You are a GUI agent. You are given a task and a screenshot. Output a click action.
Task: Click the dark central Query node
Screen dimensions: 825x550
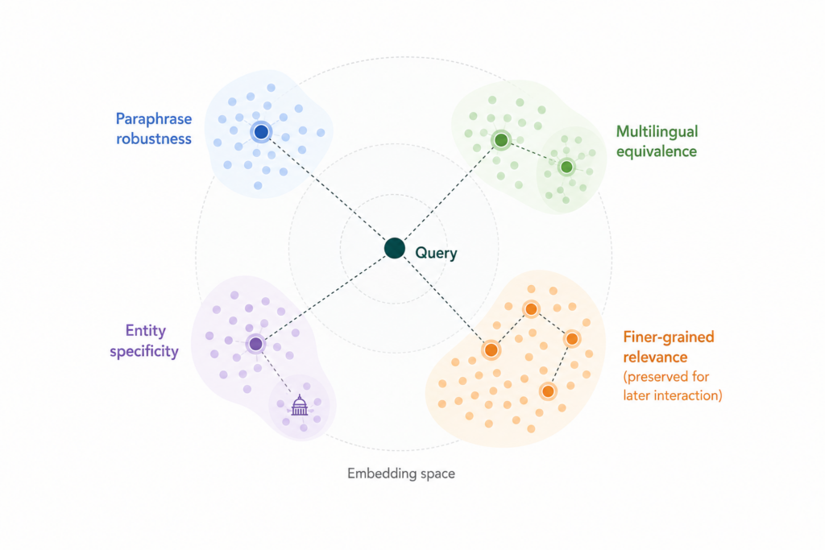[x=394, y=248]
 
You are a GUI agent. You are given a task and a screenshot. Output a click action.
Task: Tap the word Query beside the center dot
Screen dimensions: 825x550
[x=436, y=254]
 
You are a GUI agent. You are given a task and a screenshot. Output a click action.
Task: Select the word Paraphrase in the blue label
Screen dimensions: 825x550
[x=154, y=119]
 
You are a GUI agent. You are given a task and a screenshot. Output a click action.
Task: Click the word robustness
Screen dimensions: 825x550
[x=154, y=139]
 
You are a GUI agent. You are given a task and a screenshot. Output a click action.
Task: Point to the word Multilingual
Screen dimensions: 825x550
[x=657, y=132]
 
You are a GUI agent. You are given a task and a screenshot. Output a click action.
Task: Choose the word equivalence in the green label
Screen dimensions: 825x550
[x=657, y=151]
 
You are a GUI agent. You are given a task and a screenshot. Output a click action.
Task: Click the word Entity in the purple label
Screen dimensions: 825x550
[x=146, y=331]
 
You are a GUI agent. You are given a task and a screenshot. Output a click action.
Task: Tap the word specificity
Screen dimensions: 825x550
[x=144, y=351]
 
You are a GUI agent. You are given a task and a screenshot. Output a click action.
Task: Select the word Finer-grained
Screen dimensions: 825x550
[x=669, y=337]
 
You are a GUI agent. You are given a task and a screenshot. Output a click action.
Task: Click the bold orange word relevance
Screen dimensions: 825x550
[x=655, y=357]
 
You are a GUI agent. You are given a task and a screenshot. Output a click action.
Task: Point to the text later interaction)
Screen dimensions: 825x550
[x=673, y=395]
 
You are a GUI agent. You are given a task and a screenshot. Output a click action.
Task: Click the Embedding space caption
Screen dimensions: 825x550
[x=401, y=473]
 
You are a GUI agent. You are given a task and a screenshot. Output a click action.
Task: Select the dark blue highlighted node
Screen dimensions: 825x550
[x=261, y=132]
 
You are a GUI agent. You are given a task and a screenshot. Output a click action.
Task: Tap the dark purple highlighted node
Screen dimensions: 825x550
[x=255, y=345]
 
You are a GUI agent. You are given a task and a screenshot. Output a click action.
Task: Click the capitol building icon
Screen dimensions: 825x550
[x=300, y=405]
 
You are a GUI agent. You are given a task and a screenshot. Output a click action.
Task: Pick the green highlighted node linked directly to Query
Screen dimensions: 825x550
[x=501, y=140]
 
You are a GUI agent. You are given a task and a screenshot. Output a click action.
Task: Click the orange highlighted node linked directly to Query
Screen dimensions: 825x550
[x=491, y=349]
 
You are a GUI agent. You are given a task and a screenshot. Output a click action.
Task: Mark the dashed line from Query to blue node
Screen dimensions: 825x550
[x=328, y=190]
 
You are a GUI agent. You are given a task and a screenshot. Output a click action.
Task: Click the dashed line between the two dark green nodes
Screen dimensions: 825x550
[x=533, y=154]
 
